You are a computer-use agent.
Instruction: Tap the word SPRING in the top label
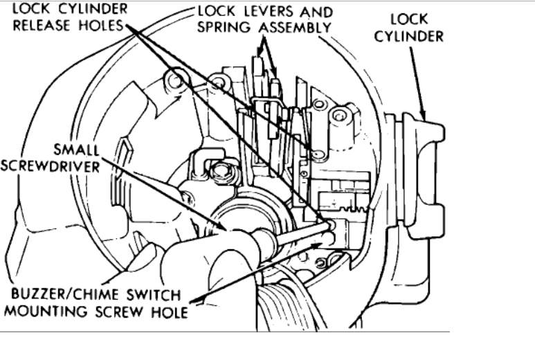[x=225, y=28]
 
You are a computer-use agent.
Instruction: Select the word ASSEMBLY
[x=291, y=28]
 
